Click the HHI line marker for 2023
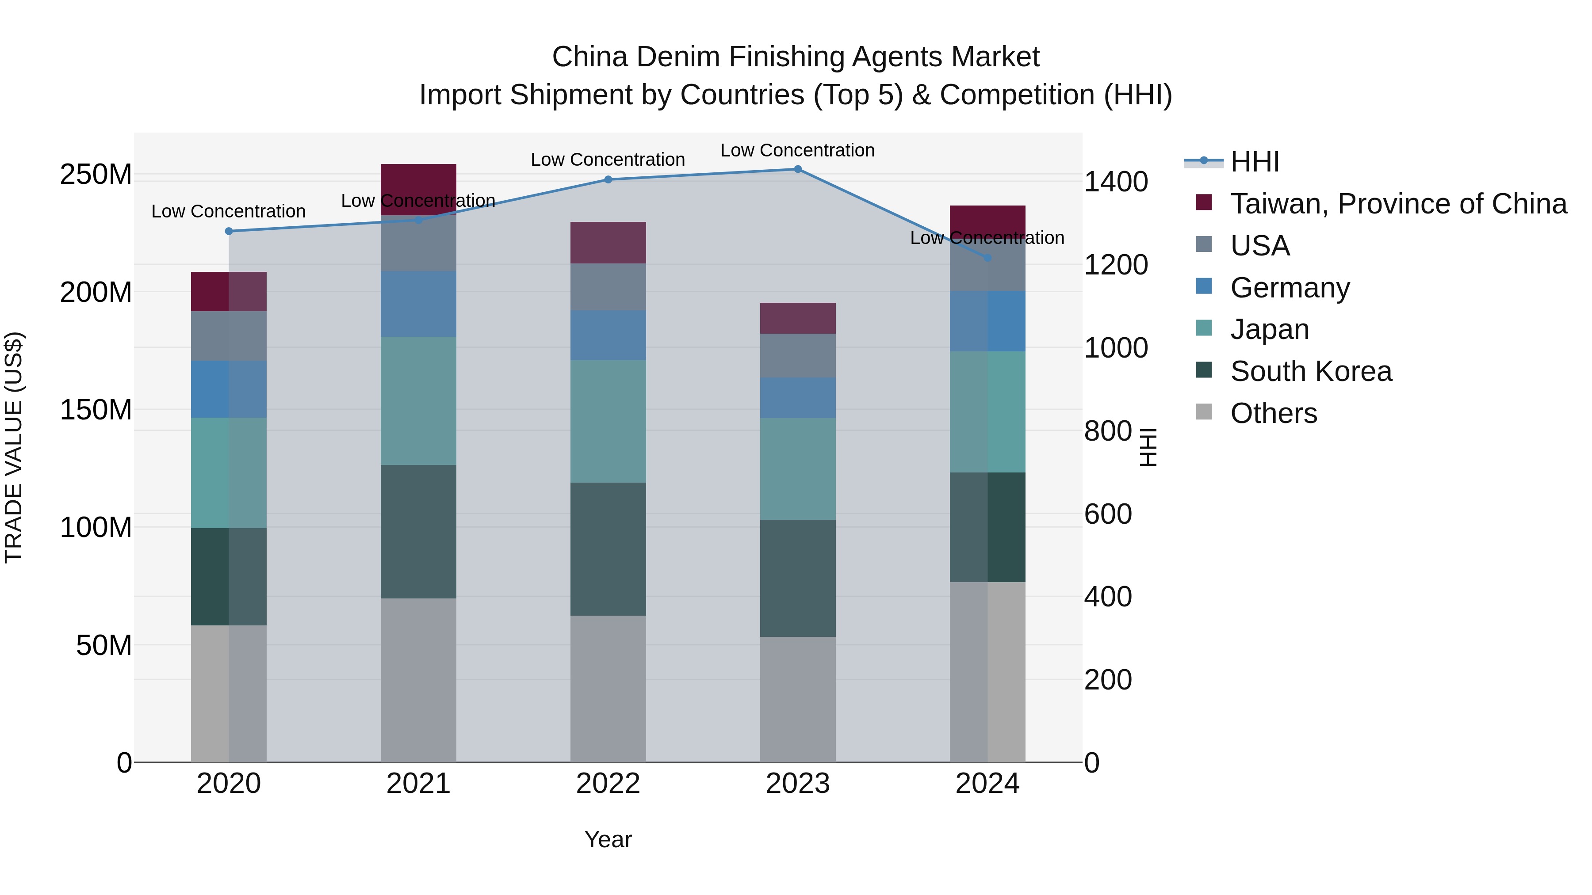[797, 169]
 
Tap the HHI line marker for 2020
[229, 231]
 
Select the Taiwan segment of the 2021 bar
[418, 188]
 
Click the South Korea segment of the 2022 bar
[608, 548]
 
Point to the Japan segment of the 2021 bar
[418, 400]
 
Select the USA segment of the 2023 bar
[797, 355]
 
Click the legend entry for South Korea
[1310, 371]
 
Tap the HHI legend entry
[1254, 162]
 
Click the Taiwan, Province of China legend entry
[1398, 204]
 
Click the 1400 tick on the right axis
[1116, 182]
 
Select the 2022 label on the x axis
[608, 784]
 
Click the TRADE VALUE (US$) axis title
[14, 447]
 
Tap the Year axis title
[608, 839]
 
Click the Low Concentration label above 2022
[608, 160]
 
